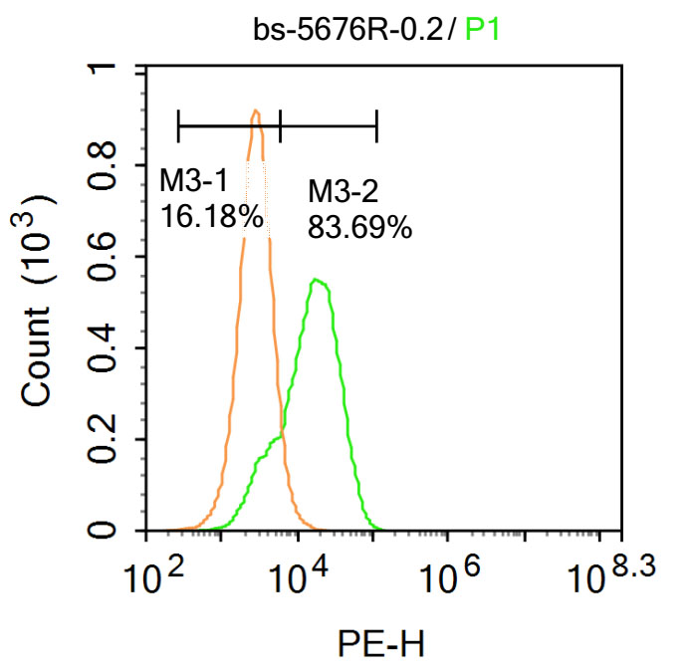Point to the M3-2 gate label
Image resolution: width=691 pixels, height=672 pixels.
(x=344, y=191)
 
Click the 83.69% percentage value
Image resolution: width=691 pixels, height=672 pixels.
(x=359, y=228)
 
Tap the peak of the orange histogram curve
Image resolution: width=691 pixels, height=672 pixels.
(x=256, y=112)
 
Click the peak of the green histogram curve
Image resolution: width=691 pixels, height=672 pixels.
(x=317, y=281)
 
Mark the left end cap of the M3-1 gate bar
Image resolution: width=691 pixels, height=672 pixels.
(x=177, y=126)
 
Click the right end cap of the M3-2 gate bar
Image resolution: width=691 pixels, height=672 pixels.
(x=376, y=126)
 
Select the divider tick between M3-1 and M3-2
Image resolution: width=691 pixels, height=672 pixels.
(x=281, y=126)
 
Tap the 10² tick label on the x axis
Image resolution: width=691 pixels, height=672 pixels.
(x=155, y=575)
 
